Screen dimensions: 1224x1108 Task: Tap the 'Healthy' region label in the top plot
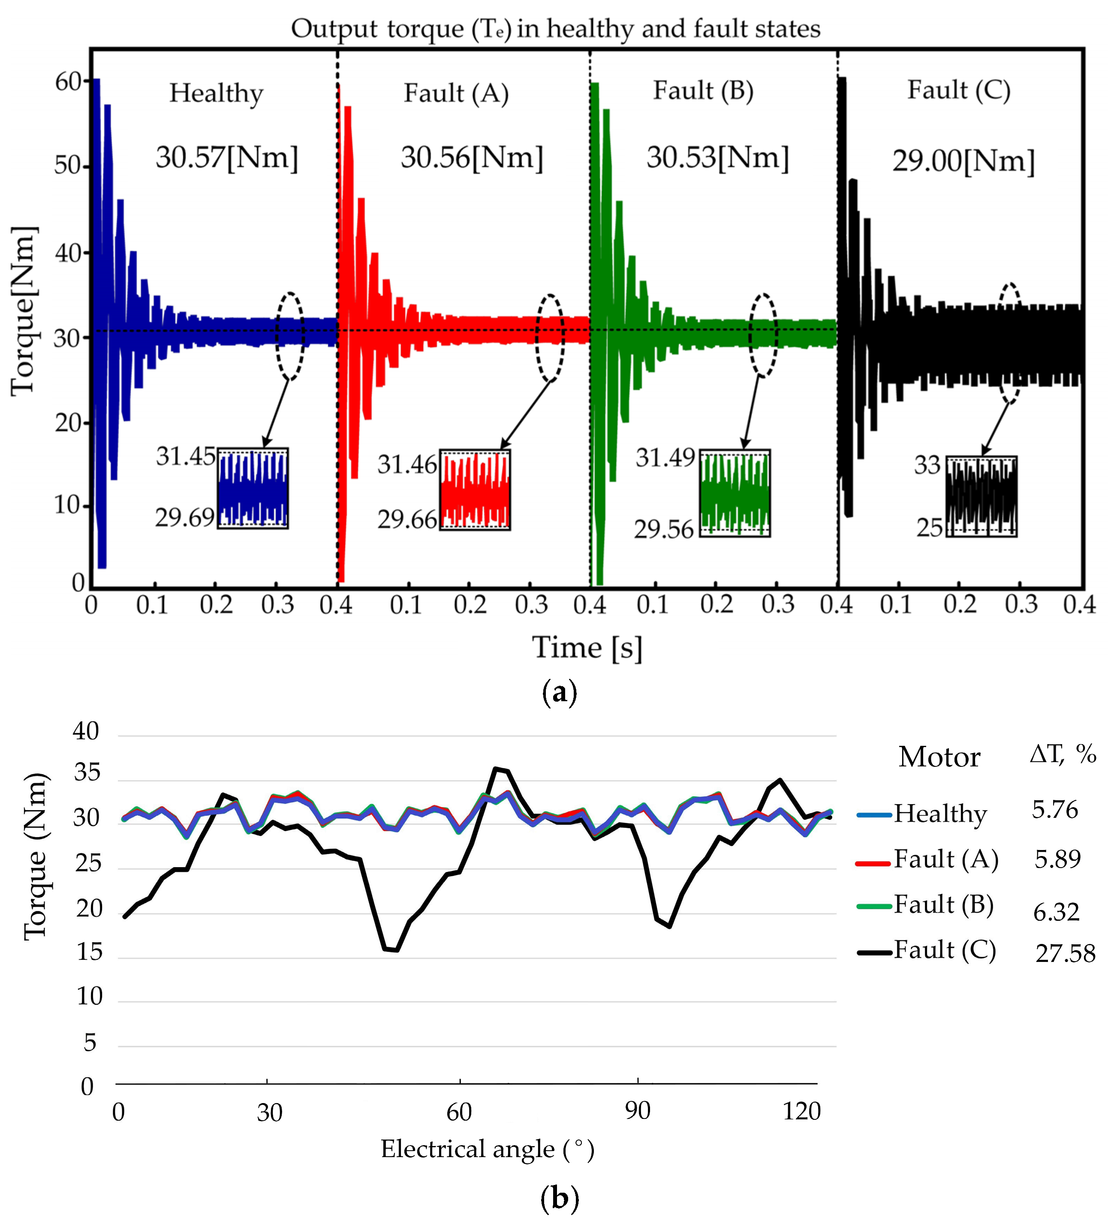(216, 93)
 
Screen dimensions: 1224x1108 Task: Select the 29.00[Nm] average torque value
(963, 162)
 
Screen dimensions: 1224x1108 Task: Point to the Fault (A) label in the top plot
(456, 93)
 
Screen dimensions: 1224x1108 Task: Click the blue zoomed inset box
(253, 488)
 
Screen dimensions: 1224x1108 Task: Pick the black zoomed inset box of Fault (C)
(981, 497)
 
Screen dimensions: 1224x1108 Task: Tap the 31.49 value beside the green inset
(665, 458)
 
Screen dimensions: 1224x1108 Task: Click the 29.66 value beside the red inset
(407, 520)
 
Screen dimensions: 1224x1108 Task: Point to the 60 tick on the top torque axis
(68, 81)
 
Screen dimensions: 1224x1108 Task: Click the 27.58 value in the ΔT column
(1065, 954)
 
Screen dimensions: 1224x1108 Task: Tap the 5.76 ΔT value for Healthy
(1054, 810)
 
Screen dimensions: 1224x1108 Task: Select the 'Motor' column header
(939, 757)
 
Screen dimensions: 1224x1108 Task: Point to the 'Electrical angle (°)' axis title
(487, 1149)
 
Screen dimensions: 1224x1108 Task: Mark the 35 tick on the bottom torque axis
(87, 773)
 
